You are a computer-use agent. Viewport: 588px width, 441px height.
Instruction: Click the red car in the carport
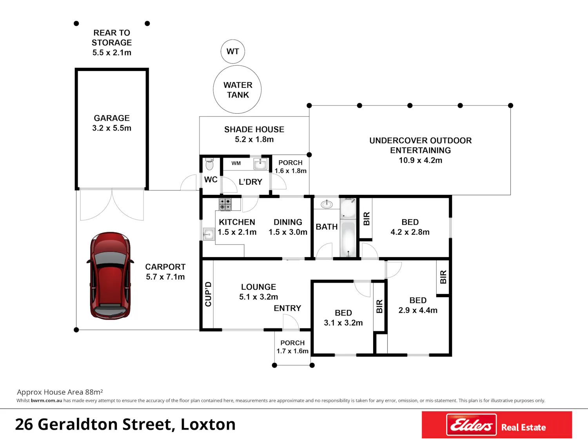[111, 276]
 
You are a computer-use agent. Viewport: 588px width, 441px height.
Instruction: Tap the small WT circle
[232, 51]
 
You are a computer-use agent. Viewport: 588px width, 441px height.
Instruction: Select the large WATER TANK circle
[237, 89]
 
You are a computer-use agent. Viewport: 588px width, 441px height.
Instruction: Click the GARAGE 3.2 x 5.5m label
[112, 123]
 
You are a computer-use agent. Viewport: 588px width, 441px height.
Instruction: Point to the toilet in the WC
[209, 164]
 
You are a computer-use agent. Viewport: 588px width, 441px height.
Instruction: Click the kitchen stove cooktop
[225, 204]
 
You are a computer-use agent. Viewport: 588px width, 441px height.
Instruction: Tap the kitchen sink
[209, 234]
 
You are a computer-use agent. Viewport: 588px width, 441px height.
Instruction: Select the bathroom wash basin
[327, 205]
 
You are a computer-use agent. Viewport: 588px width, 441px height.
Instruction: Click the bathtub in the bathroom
[348, 238]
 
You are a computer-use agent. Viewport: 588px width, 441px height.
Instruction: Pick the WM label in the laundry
[236, 163]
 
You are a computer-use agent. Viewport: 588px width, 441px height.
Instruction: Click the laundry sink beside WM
[260, 164]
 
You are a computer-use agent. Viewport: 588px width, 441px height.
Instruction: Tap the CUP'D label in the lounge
[208, 294]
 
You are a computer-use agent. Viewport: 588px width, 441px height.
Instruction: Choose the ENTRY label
[287, 308]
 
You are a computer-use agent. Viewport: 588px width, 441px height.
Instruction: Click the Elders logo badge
[471, 425]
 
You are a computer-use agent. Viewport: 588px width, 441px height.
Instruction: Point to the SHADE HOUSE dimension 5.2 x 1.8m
[254, 140]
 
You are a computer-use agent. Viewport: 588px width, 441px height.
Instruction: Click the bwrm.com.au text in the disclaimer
[46, 401]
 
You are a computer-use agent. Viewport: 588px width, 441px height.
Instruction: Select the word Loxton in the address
[208, 425]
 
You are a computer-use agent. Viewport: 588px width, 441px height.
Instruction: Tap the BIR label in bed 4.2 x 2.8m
[367, 218]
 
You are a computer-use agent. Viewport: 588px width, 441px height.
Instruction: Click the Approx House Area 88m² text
[60, 392]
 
